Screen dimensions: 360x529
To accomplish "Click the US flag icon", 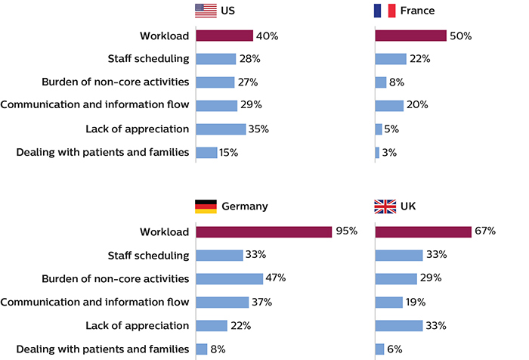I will [206, 11].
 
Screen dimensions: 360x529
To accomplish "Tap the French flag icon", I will [385, 11].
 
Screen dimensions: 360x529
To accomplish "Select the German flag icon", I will [206, 206].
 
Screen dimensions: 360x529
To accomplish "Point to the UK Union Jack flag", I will [385, 206].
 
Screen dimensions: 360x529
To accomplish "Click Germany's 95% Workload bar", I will [263, 231].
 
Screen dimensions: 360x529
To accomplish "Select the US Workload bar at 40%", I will [224, 36].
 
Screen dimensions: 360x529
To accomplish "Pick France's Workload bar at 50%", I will [410, 36].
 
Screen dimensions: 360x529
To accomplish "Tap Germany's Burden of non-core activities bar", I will [229, 278].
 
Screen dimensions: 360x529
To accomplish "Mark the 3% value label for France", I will [391, 153].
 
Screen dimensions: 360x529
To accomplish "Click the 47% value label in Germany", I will [276, 278].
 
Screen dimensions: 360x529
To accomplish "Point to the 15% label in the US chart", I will [229, 153].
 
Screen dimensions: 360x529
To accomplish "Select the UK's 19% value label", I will [416, 302].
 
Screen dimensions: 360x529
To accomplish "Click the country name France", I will [418, 11].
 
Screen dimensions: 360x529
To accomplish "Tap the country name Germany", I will [244, 206].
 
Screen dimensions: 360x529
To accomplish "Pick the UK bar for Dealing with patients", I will [379, 349].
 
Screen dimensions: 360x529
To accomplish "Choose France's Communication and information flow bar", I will [389, 106].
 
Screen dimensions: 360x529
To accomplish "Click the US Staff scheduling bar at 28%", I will [216, 59].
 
